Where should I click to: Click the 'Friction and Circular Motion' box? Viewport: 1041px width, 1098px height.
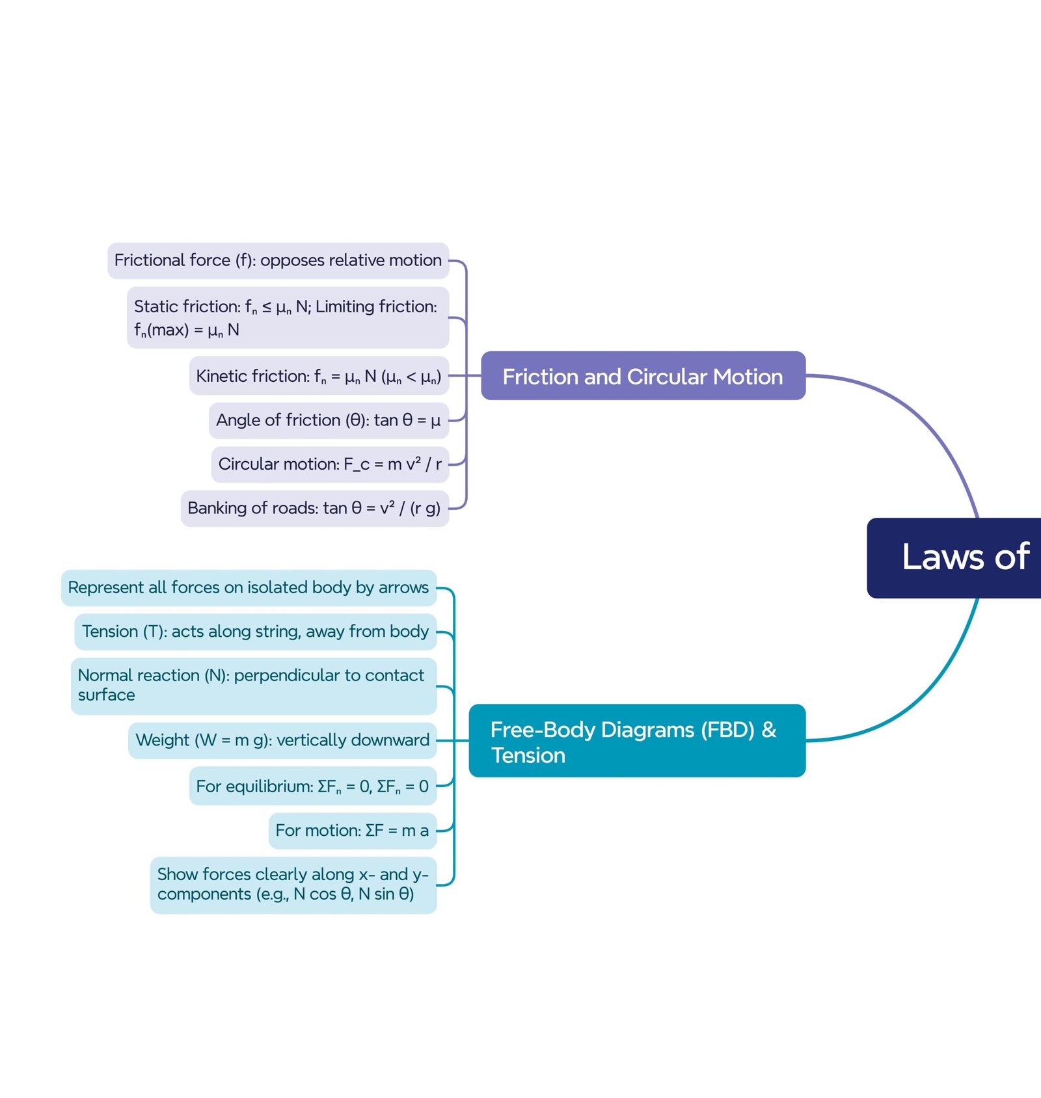pyautogui.click(x=643, y=376)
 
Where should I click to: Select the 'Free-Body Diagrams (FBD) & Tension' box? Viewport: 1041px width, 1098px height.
pyautogui.click(x=637, y=741)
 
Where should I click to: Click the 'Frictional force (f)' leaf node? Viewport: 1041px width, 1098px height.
pyautogui.click(x=278, y=261)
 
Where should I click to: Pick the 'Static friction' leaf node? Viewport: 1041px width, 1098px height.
pyautogui.click(x=288, y=317)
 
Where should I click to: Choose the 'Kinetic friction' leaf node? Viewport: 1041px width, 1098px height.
pyautogui.click(x=319, y=376)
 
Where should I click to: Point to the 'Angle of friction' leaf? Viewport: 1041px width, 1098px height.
pyautogui.click(x=329, y=420)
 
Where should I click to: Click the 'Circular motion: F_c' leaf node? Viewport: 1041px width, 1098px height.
pyautogui.click(x=330, y=464)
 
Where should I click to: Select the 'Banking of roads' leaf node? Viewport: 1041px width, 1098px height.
pyautogui.click(x=314, y=508)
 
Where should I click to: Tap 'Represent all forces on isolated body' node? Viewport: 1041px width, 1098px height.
pyautogui.click(x=249, y=588)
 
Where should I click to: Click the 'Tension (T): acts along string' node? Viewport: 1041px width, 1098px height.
pyautogui.click(x=255, y=632)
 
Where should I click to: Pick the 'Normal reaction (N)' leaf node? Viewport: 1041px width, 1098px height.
pyautogui.click(x=253, y=686)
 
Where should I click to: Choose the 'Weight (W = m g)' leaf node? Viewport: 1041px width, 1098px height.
pyautogui.click(x=282, y=740)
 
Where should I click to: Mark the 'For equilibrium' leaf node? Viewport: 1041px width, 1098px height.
pyautogui.click(x=312, y=786)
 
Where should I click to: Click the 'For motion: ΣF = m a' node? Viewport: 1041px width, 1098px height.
pyautogui.click(x=352, y=831)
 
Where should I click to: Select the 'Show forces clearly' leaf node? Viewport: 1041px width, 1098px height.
pyautogui.click(x=293, y=885)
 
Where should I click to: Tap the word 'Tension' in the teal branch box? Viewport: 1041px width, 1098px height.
pyautogui.click(x=528, y=755)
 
